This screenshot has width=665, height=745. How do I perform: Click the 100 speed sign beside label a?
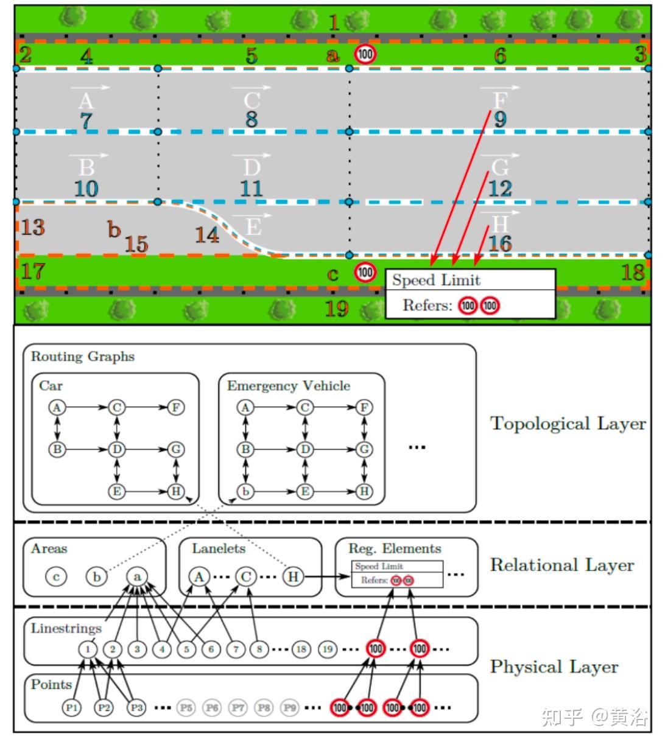pos(365,55)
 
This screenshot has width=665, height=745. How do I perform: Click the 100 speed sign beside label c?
pos(365,272)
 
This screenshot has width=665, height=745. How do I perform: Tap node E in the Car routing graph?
pos(116,491)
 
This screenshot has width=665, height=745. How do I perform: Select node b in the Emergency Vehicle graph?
pos(245,491)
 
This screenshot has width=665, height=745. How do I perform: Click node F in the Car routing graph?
pos(175,407)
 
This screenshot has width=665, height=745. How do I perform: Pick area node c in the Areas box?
pos(56,576)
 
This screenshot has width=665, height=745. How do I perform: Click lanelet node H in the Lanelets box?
pos(293,576)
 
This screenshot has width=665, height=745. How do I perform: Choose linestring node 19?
pos(328,649)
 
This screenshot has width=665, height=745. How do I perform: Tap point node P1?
pos(71,707)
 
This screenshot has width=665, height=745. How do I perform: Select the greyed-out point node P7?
pos(237,707)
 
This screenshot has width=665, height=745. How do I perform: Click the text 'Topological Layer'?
pos(568,424)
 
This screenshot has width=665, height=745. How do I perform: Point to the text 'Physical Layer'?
pos(554,666)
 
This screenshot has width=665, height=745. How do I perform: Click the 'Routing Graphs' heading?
pos(83,356)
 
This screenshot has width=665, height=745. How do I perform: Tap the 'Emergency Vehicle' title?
pos(289,386)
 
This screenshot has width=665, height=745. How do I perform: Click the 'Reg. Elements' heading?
pos(395,548)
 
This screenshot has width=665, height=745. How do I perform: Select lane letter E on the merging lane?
pos(253,227)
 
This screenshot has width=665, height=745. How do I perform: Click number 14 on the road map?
pos(207,235)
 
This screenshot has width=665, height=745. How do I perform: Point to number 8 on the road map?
pos(252,119)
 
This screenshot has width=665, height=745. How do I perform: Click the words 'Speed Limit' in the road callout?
pos(436,280)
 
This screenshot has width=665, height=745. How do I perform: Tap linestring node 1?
pos(88,649)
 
